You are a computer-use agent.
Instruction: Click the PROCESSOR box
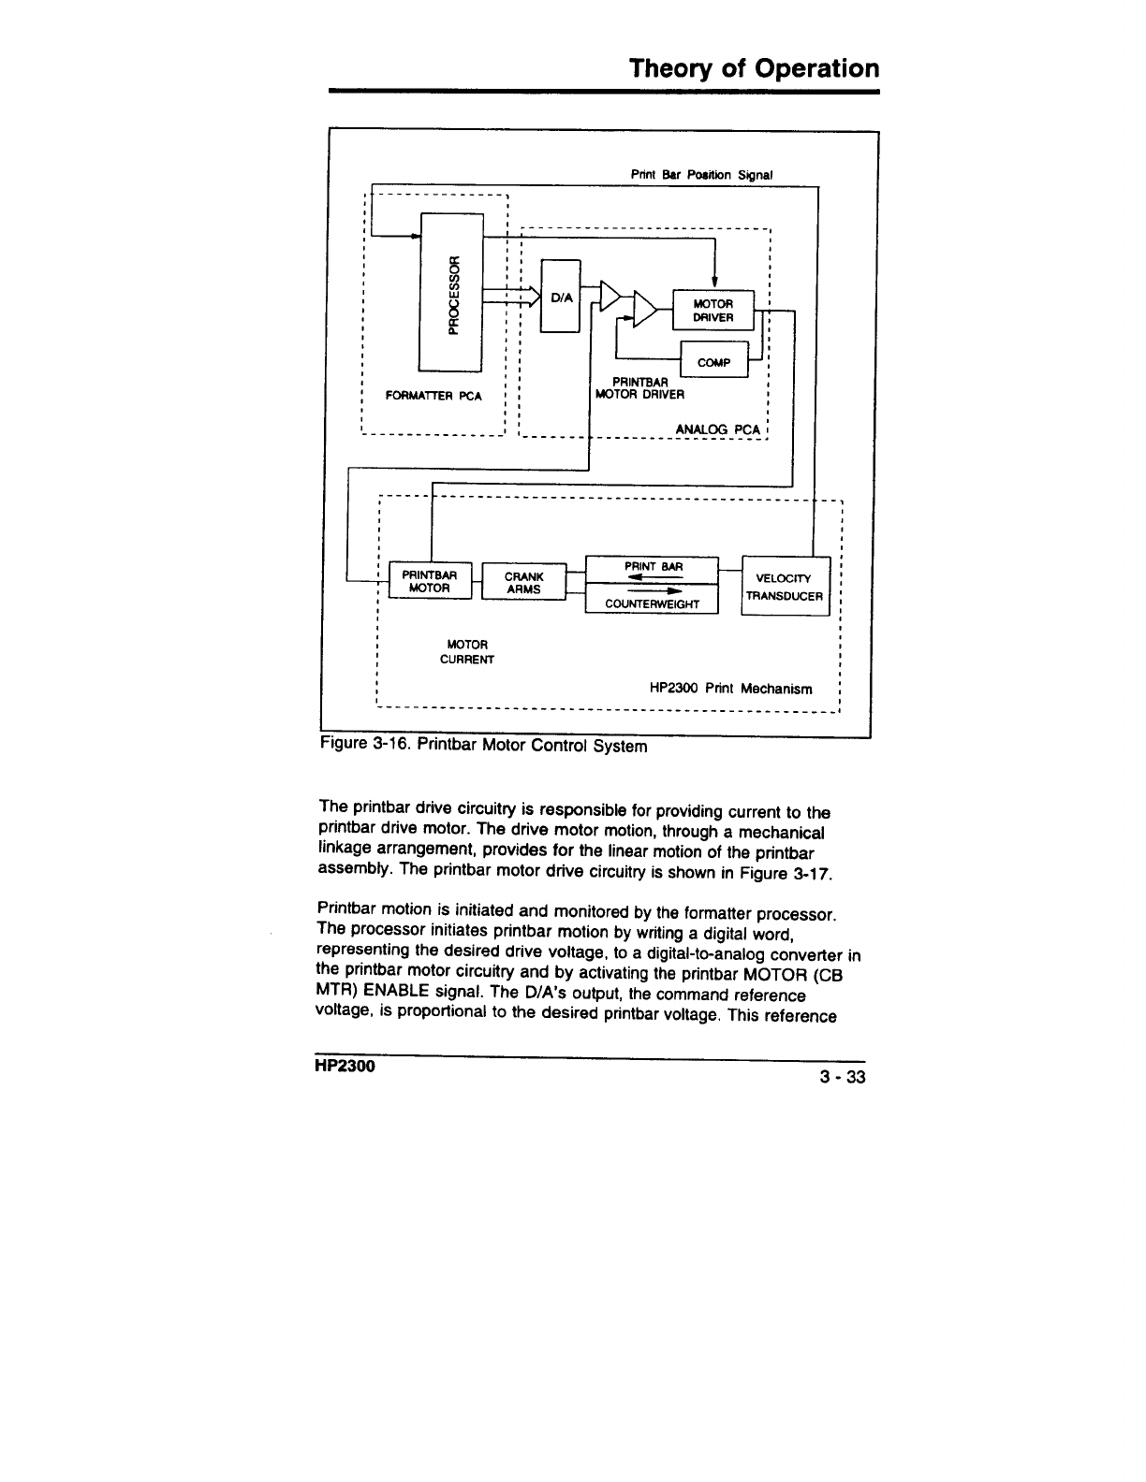pyautogui.click(x=451, y=292)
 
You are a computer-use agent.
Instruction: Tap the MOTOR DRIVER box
pyautogui.click(x=713, y=312)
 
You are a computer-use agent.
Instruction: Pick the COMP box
pyautogui.click(x=713, y=362)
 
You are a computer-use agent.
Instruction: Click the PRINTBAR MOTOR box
pyautogui.click(x=429, y=581)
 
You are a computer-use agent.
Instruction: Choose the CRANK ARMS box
pyautogui.click(x=523, y=582)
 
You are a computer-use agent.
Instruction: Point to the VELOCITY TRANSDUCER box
pyautogui.click(x=785, y=587)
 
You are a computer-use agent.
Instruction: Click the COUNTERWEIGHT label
pyautogui.click(x=652, y=603)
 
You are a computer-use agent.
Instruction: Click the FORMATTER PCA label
pyautogui.click(x=433, y=396)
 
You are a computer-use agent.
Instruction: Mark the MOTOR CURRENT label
pyautogui.click(x=467, y=652)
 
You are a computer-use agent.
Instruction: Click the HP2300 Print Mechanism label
pyautogui.click(x=730, y=688)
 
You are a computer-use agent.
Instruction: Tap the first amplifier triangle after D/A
pyautogui.click(x=610, y=296)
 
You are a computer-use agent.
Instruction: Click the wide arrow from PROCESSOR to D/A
pyautogui.click(x=511, y=296)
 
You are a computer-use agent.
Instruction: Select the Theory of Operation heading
pyautogui.click(x=754, y=68)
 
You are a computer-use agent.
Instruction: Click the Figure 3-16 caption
pyautogui.click(x=483, y=747)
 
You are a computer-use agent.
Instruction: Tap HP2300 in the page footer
pyautogui.click(x=345, y=1068)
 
